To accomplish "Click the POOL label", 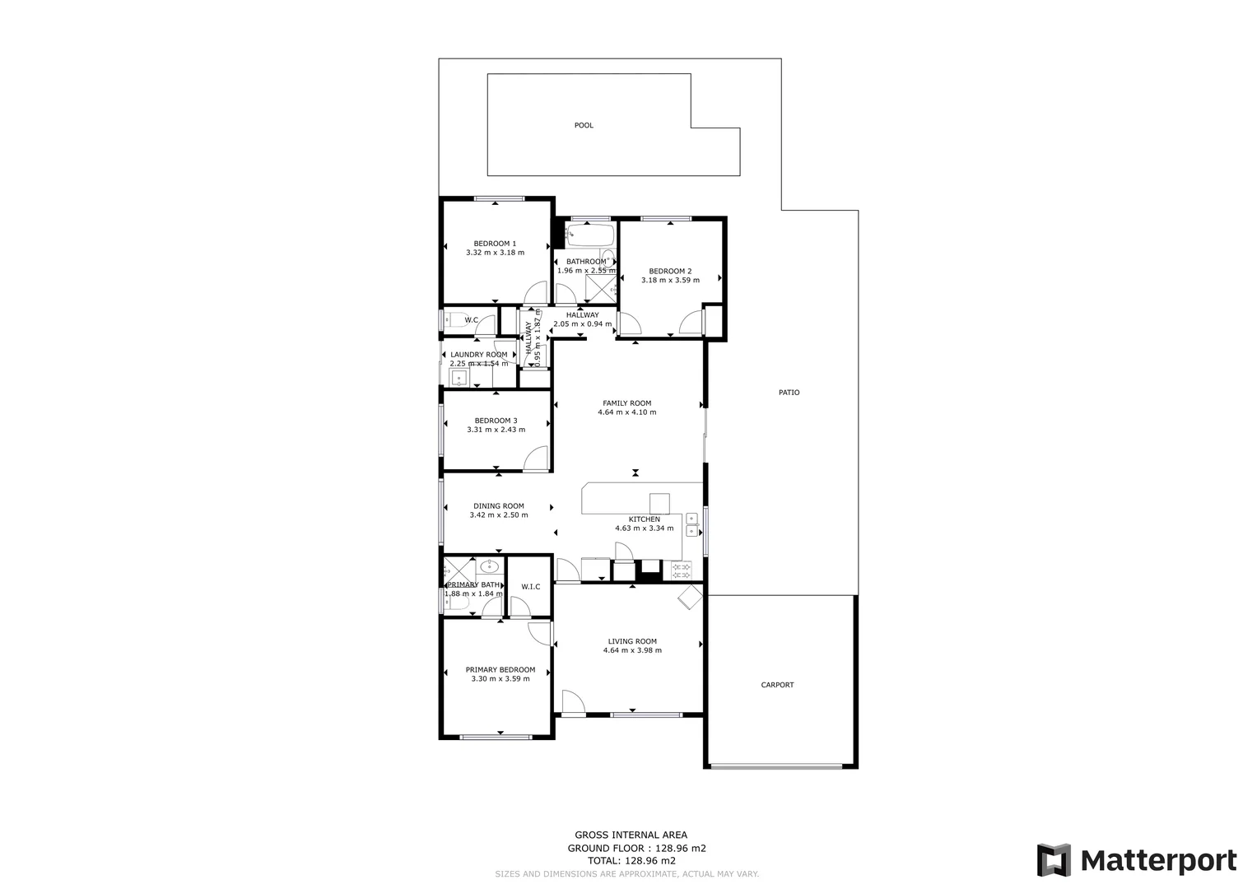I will [584, 126].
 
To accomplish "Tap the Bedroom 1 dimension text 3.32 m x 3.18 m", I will [495, 253].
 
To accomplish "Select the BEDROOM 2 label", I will [670, 271].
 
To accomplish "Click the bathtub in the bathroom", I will [589, 235].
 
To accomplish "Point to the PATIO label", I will [789, 393].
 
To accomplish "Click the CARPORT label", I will [777, 685].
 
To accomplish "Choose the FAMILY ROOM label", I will [626, 403].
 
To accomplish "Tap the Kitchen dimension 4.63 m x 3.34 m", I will [644, 528].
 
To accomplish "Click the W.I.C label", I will [530, 587].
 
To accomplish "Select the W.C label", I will [472, 320].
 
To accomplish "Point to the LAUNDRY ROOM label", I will [478, 355].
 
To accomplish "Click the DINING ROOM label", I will [498, 506].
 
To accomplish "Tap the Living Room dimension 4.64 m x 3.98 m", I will [632, 650].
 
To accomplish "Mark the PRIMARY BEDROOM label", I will [500, 670].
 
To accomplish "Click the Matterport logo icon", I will [1054, 860].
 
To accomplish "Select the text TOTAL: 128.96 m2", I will [631, 861].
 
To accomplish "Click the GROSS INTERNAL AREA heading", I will [631, 835].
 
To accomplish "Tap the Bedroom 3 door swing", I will [536, 458].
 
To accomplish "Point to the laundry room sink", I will [459, 378].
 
